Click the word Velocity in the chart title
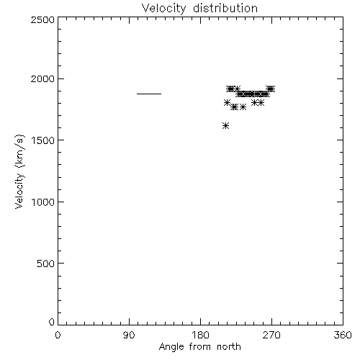pyautogui.click(x=164, y=9)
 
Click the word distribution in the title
pyautogui.click(x=225, y=8)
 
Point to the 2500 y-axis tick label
pyautogui.click(x=42, y=19)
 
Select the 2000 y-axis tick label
pyautogui.click(x=42, y=78)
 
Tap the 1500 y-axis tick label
pyautogui.click(x=43, y=140)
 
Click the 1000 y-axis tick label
pyautogui.click(x=43, y=202)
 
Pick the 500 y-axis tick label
pyautogui.click(x=46, y=264)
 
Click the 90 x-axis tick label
pyautogui.click(x=129, y=335)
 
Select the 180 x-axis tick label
pyautogui.click(x=200, y=335)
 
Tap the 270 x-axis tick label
pyautogui.click(x=271, y=335)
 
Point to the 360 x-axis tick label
pyautogui.click(x=343, y=335)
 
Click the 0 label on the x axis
pyautogui.click(x=58, y=335)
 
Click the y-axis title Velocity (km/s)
pyautogui.click(x=19, y=171)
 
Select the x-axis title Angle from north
pyautogui.click(x=200, y=347)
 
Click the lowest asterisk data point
pyautogui.click(x=225, y=125)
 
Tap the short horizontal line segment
pyautogui.click(x=149, y=94)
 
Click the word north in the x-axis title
pyautogui.click(x=229, y=347)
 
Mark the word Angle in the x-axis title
pyautogui.click(x=171, y=348)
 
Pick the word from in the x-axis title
pyautogui.click(x=201, y=347)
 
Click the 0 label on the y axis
pyautogui.click(x=52, y=322)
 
